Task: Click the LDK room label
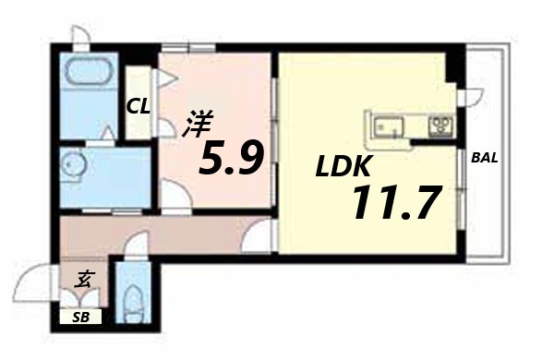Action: [343, 167]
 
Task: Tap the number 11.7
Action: [391, 203]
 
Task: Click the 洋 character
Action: [196, 125]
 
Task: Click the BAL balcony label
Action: [485, 157]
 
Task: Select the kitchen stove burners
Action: [438, 123]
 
